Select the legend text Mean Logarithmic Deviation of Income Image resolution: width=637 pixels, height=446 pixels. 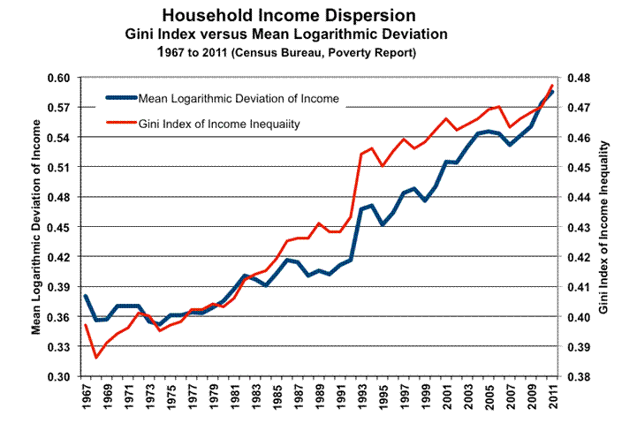tap(239, 97)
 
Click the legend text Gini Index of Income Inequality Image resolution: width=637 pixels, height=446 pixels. tap(220, 125)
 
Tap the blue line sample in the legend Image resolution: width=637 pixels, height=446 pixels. tap(120, 97)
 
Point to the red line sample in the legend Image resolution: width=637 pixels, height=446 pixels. tap(120, 125)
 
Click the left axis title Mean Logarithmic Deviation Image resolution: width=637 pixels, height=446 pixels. tap(38, 227)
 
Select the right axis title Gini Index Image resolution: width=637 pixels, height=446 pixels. tap(604, 227)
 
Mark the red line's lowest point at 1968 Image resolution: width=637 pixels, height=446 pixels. tap(96, 357)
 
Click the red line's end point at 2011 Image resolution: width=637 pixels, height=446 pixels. tap(552, 86)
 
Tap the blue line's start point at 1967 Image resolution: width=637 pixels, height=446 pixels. tap(86, 296)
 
